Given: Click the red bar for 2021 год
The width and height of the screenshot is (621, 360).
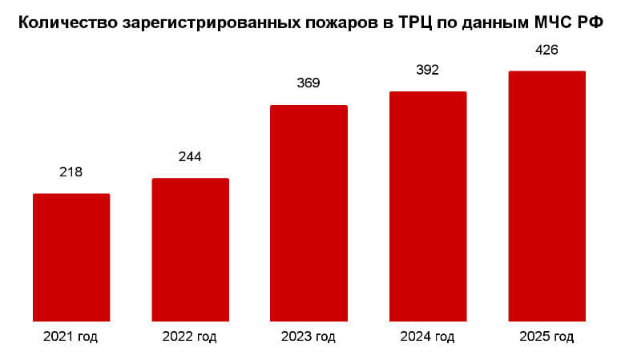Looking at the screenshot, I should coord(71,257).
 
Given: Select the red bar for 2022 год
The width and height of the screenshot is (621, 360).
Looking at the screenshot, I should coord(190,249).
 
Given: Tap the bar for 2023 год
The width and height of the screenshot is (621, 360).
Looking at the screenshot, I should coord(308,212).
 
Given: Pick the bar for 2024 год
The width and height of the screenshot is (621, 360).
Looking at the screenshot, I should coord(428,206).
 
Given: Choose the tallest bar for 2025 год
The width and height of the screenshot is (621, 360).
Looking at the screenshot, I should coord(547,196).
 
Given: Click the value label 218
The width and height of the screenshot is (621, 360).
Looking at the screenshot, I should coord(71,172).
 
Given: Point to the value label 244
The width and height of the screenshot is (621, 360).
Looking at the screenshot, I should coord(190,156).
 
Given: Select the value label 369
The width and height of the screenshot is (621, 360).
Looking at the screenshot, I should coord(308,83).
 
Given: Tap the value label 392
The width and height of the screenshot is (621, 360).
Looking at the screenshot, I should coord(428,70).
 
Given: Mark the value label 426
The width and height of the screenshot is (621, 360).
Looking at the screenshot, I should coord(546,50).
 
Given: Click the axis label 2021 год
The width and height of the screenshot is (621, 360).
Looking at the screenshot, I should coord(71,337).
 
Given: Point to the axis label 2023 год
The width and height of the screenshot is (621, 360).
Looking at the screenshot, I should coord(308,337).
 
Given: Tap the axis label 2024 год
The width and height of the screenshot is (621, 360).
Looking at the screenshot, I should coord(427,337).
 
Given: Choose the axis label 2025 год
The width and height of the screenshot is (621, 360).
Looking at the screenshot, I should coord(546,337).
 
